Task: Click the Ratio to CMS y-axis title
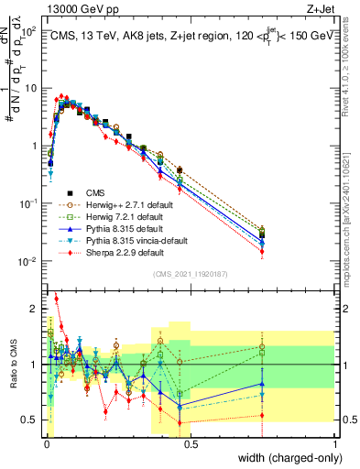click(13, 365)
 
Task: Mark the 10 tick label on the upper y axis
click(31, 88)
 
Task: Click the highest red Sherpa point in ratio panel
click(56, 298)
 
